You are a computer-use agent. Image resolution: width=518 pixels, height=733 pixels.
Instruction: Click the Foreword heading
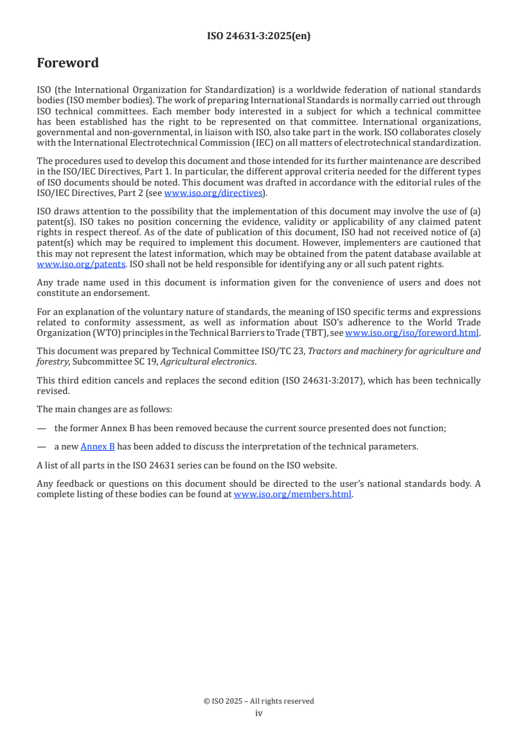[68, 63]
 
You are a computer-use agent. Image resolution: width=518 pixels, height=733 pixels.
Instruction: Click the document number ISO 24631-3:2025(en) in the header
[259, 36]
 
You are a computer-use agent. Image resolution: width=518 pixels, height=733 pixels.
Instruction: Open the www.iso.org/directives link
[213, 193]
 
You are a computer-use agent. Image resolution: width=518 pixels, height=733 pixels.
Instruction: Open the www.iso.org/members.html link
[293, 495]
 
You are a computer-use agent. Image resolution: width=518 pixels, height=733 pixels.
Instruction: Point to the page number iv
[259, 713]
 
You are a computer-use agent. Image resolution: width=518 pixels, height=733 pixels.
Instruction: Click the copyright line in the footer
[259, 701]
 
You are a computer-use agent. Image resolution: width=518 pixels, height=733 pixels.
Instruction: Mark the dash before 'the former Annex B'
[41, 428]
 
